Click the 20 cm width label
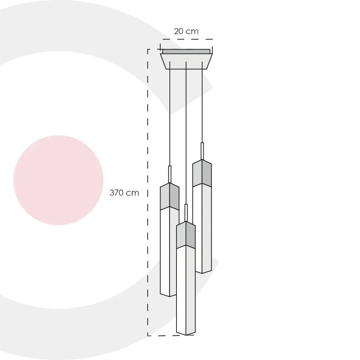[186, 31]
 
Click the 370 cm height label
[124, 193]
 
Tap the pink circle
[58, 180]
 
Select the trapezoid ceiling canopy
[186, 61]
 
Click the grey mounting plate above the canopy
[186, 51]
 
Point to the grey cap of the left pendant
[169, 196]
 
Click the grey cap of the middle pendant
[186, 235]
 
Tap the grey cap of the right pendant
[202, 173]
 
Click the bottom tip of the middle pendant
[186, 335]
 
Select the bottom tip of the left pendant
[169, 297]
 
